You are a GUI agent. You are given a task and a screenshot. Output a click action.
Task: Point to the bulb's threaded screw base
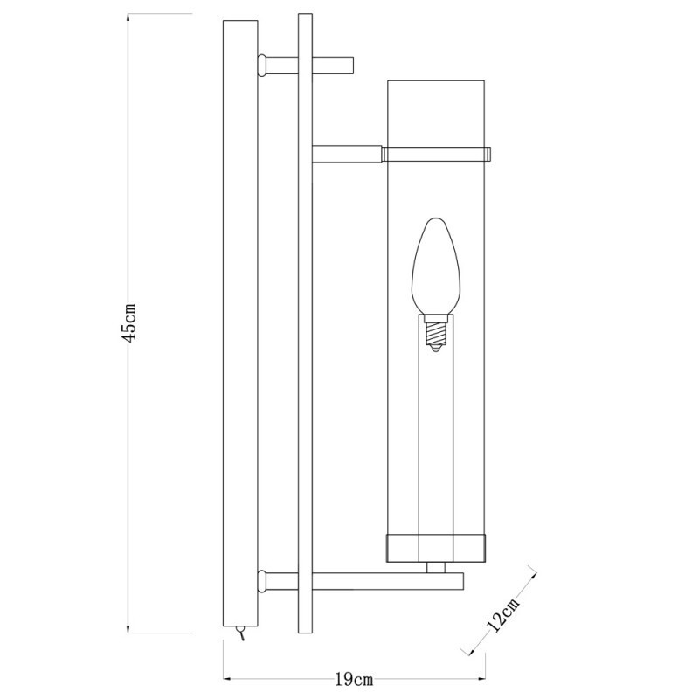point(435,332)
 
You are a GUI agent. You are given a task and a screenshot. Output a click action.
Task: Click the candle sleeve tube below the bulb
point(435,437)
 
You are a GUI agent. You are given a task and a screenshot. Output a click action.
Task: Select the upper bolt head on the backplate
point(260,64)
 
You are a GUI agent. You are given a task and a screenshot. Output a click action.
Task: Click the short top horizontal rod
point(332,65)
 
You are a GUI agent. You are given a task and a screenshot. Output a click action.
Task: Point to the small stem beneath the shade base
point(434,566)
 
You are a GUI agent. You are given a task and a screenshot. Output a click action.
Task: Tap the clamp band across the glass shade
point(436,154)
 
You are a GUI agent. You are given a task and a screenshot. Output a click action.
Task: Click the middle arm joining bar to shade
point(346,155)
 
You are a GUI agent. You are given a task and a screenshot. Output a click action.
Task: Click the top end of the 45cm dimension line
point(129,15)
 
